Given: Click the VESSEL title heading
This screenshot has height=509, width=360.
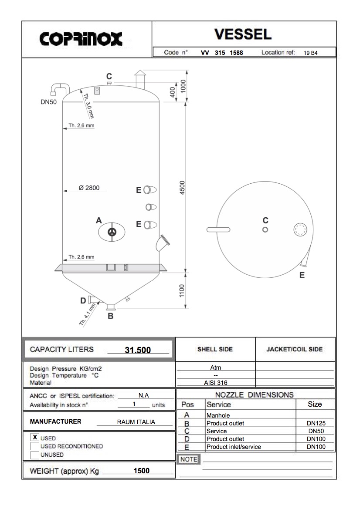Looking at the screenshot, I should click(243, 34).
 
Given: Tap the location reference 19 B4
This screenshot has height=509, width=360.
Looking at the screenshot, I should click(311, 53).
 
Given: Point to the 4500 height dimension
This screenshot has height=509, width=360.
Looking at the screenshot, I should click(183, 188).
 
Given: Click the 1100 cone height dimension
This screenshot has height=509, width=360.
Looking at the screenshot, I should click(182, 290).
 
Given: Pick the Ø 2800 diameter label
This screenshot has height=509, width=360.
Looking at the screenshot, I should click(89, 188).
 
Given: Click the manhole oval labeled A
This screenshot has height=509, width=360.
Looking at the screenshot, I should click(112, 232).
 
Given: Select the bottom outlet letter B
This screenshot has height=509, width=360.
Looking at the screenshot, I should click(110, 316).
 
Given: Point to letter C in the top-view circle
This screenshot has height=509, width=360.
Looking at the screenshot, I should click(265, 220).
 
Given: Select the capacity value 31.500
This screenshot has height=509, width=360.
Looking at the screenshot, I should click(138, 350).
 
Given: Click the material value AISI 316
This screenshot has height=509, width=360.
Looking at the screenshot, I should click(215, 383).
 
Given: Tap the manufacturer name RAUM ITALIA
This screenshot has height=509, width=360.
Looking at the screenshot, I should click(136, 422).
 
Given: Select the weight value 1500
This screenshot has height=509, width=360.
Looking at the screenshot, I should click(141, 471).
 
